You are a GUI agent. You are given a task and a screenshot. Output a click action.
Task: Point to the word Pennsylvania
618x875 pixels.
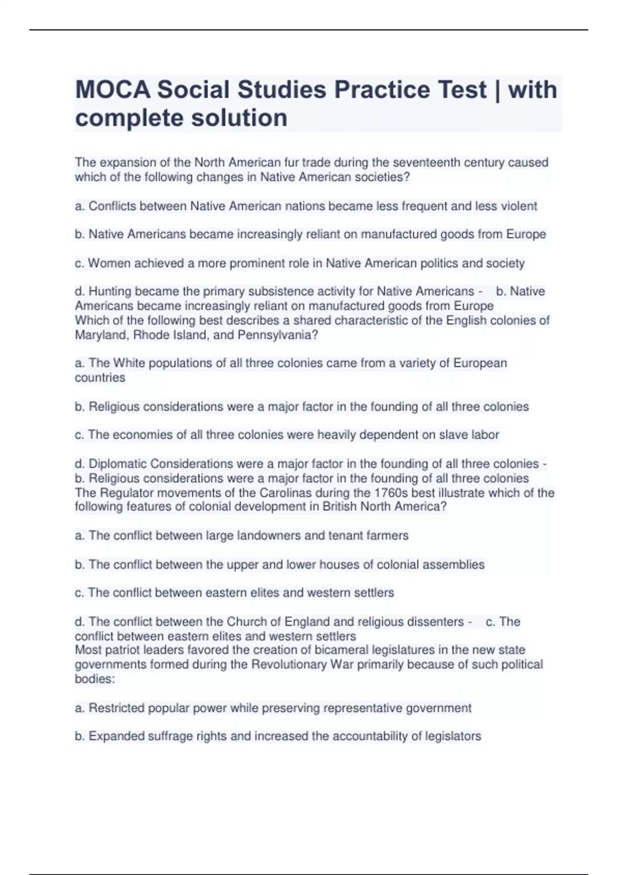(x=278, y=335)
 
